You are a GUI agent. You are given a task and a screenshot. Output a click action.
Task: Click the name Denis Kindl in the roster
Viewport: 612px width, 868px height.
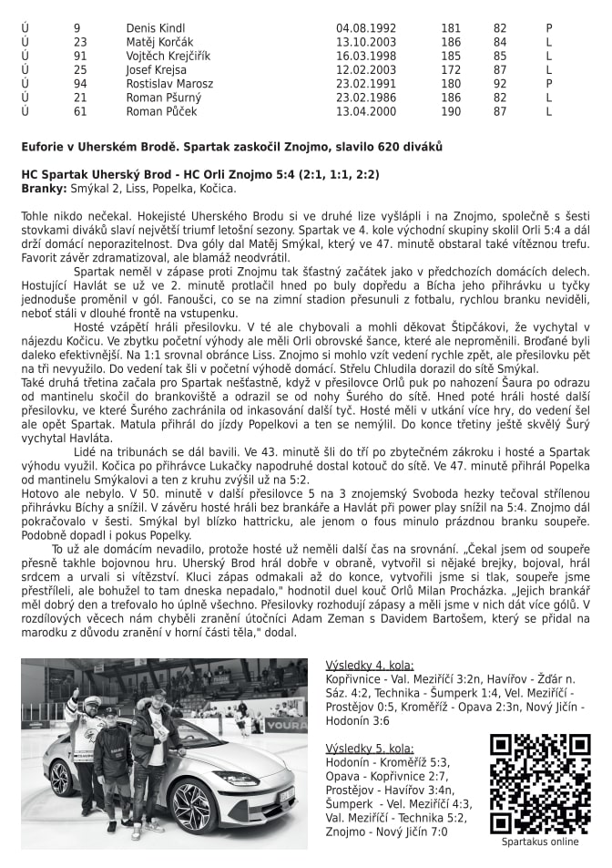click(155, 28)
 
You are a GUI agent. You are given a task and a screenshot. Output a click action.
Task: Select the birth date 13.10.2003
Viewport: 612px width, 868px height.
click(363, 42)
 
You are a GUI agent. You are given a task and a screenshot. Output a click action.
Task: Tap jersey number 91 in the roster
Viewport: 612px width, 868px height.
click(80, 56)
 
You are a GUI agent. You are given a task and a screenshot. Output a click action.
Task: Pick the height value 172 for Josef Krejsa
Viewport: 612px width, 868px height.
click(450, 69)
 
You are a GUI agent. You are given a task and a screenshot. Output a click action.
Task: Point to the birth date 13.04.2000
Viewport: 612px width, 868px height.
click(363, 111)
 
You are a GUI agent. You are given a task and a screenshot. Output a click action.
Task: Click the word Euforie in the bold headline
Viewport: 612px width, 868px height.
click(43, 147)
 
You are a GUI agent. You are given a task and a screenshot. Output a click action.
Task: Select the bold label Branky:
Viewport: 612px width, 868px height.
click(44, 189)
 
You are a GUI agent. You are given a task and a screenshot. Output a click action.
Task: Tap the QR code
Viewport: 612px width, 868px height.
click(539, 782)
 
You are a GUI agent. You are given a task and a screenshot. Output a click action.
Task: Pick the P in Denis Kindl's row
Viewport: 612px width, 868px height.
click(549, 28)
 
